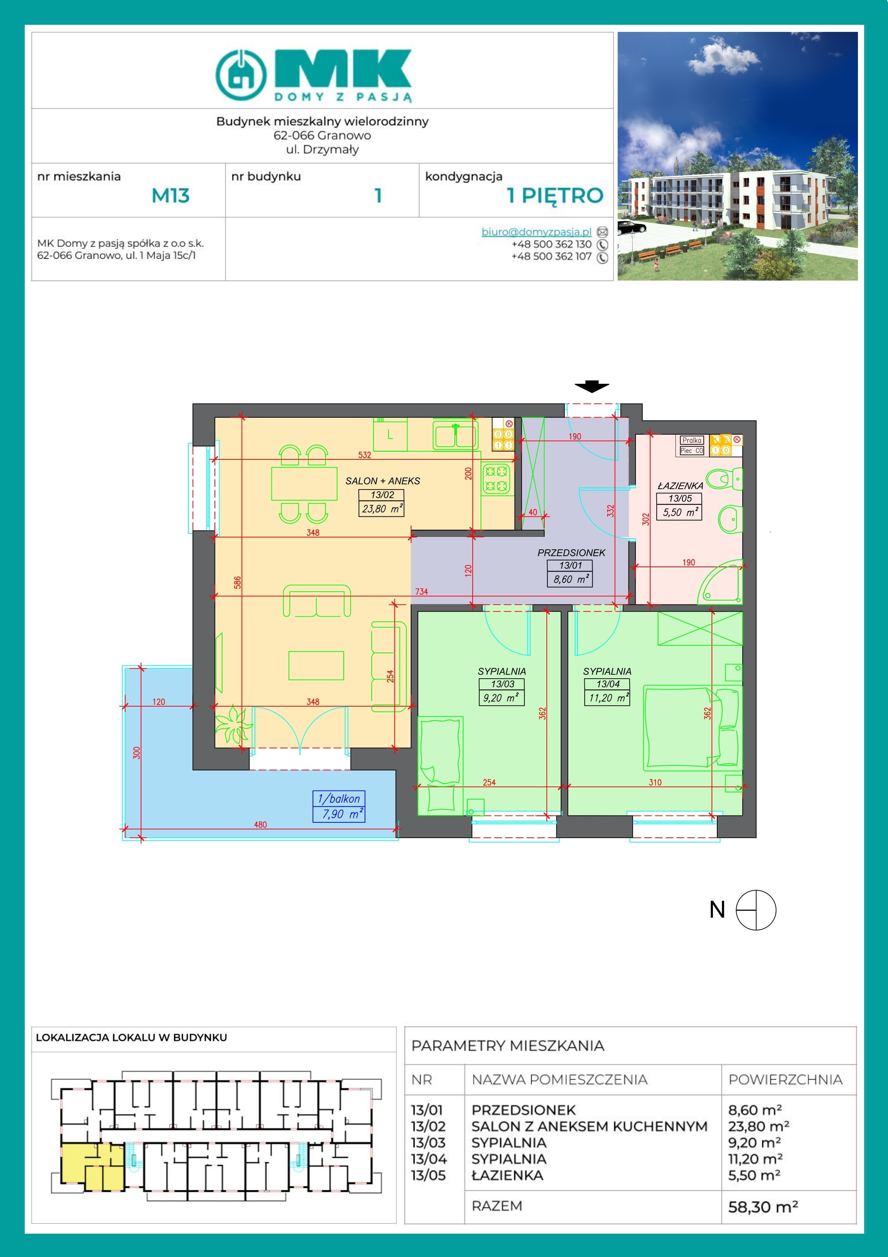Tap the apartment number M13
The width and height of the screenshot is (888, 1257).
(170, 195)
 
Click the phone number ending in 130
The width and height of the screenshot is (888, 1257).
(551, 244)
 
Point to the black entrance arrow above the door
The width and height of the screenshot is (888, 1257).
(592, 387)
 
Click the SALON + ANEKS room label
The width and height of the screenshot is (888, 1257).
(382, 481)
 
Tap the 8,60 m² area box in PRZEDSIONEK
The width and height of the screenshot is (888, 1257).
(570, 579)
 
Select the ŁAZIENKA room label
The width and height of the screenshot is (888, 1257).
(680, 486)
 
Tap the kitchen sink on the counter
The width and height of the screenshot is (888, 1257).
(455, 434)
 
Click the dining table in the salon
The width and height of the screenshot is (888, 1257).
(304, 483)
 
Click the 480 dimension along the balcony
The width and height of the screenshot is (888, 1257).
(260, 825)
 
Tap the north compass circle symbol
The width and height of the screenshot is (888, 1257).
(756, 910)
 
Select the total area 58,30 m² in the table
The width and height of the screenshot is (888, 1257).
(763, 1206)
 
